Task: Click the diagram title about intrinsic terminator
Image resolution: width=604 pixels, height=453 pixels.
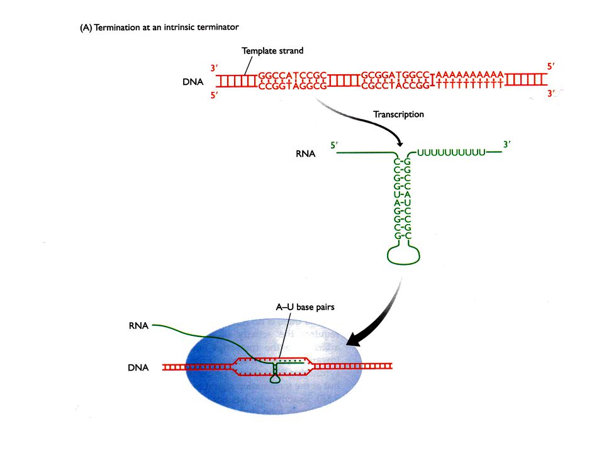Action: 159,27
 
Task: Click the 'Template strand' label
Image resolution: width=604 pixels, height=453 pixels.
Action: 272,51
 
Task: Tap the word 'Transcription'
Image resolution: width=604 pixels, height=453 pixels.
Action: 398,115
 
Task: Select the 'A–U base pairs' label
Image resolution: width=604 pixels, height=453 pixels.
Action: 305,307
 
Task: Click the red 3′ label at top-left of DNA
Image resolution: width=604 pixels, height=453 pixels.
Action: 214,68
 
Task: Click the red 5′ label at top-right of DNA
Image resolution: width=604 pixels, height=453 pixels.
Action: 551,67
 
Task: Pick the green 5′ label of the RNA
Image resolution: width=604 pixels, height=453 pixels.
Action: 334,145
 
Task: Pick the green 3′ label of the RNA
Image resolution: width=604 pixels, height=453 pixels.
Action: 507,145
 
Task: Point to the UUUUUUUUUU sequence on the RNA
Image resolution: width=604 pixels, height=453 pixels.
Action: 451,152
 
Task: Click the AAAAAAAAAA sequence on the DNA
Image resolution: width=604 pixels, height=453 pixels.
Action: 469,74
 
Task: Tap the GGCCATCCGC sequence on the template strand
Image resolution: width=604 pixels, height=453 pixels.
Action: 293,75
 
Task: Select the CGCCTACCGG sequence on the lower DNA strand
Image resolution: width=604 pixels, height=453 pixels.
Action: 395,86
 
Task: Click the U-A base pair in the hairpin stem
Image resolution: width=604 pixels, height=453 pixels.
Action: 402,194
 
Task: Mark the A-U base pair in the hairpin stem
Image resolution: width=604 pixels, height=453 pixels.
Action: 402,203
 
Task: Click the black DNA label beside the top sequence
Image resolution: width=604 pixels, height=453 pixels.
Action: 193,82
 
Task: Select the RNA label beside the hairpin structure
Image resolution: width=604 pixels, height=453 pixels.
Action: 306,154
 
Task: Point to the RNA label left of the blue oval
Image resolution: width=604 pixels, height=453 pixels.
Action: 138,326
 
